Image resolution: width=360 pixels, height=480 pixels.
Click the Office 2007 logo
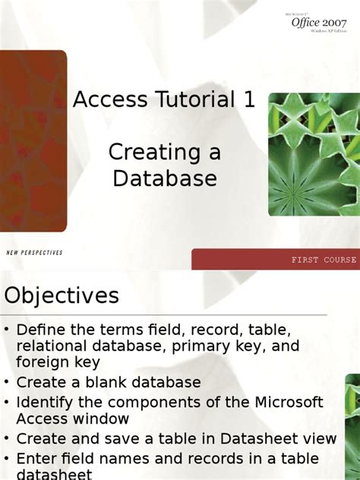click(x=319, y=22)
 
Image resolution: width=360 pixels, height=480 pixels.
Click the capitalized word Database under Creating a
click(x=165, y=178)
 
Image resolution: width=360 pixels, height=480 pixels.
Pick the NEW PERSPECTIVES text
click(x=34, y=252)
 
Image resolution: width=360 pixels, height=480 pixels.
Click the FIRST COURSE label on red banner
click(x=324, y=260)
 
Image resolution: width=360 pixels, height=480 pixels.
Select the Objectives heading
click(x=62, y=295)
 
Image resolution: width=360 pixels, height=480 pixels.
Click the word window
click(x=102, y=419)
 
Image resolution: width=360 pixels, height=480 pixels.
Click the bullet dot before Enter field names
click(x=7, y=459)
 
